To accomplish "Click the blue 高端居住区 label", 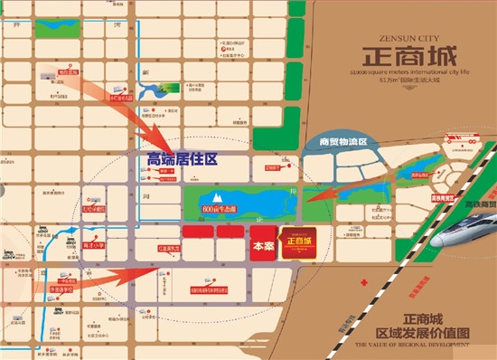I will point(183,159).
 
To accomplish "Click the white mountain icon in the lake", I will point(217,195).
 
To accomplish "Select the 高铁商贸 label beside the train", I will point(475,205).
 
